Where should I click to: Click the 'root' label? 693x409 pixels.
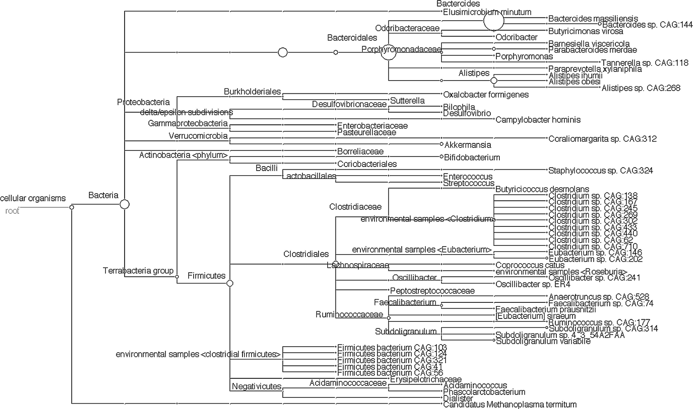(x=12, y=211)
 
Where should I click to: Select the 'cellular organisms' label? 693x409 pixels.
(x=33, y=198)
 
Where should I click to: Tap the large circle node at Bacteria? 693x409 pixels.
(x=125, y=204)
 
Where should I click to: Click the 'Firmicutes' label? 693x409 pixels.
(x=206, y=276)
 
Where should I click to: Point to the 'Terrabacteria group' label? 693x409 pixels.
(x=138, y=271)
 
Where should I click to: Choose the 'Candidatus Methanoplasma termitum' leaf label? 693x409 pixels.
(x=510, y=404)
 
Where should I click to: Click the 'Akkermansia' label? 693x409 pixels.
(x=468, y=145)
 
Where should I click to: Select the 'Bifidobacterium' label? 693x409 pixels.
(x=472, y=157)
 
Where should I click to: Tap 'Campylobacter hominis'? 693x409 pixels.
(x=538, y=120)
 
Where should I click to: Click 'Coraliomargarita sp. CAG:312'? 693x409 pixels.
(x=602, y=139)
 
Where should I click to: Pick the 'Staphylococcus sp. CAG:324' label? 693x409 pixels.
(x=600, y=170)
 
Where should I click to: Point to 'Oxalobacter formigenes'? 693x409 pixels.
(x=486, y=95)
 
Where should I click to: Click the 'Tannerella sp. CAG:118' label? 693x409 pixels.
(x=645, y=63)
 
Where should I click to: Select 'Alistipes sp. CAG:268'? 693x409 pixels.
(x=641, y=88)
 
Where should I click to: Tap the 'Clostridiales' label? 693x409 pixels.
(x=306, y=254)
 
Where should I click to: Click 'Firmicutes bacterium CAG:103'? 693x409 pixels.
(x=392, y=348)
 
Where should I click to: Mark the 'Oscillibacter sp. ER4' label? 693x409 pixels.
(x=533, y=284)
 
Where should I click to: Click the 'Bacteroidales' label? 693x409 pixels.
(x=352, y=38)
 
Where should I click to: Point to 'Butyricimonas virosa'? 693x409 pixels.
(x=585, y=31)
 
